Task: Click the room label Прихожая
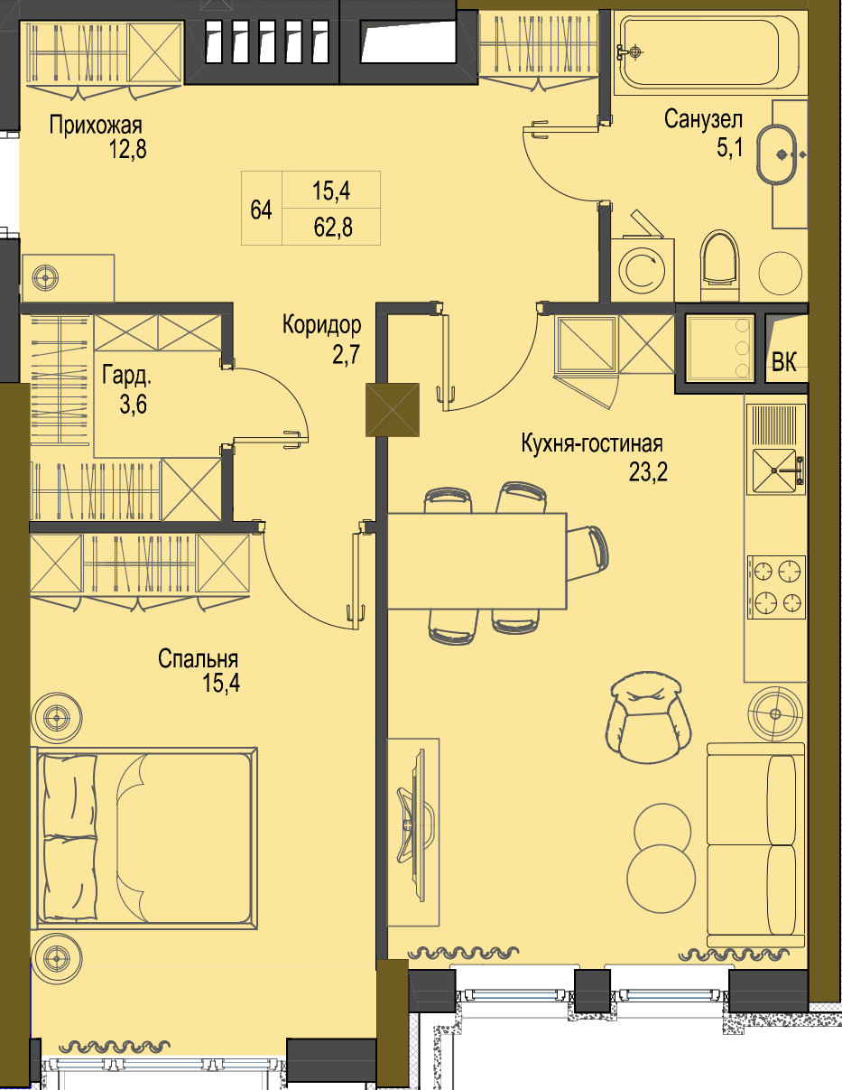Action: coord(96,126)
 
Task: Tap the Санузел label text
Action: coord(703,120)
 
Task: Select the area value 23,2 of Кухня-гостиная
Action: coord(648,471)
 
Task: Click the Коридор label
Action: coord(321,324)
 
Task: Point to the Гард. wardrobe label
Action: coord(126,376)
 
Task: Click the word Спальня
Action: coord(198,658)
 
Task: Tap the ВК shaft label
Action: coord(784,361)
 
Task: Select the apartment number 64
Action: coord(261,210)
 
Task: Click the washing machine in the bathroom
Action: coord(642,269)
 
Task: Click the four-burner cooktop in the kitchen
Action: coord(776,587)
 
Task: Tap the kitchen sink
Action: coord(775,471)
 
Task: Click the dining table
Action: coord(477,561)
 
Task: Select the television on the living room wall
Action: coord(415,825)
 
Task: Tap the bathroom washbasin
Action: coord(776,155)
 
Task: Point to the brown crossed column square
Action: coord(393,410)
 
